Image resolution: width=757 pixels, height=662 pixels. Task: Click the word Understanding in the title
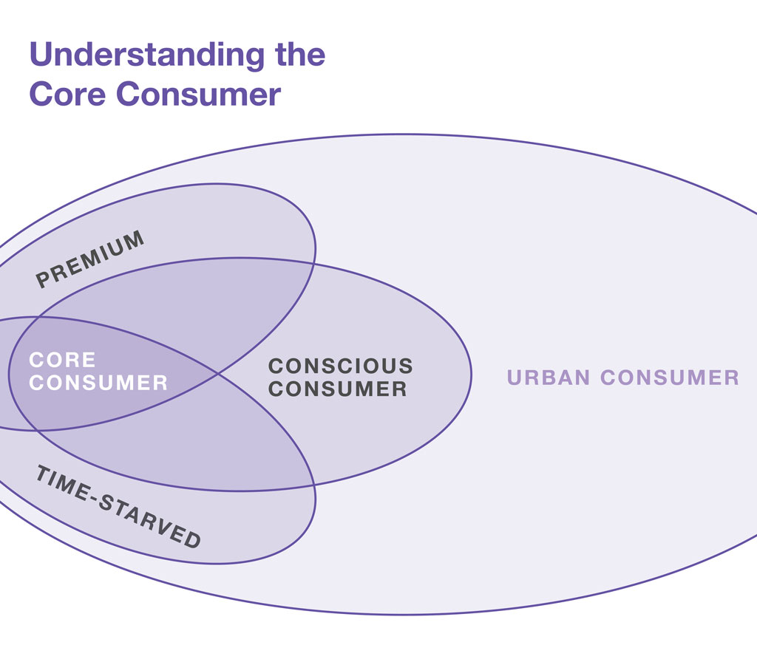[x=147, y=55]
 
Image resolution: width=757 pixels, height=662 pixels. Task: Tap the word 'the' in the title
[x=300, y=54]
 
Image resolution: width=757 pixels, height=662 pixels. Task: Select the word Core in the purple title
[x=67, y=94]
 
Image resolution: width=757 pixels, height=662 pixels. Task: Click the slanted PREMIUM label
[x=90, y=259]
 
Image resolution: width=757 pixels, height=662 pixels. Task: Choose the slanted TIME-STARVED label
[x=118, y=507]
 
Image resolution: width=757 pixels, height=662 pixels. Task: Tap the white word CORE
[x=62, y=360]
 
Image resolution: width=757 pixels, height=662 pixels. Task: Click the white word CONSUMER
[x=98, y=383]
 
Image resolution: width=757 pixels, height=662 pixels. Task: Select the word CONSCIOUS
[x=341, y=366]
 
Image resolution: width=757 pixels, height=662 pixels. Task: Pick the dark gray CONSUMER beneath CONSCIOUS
[x=337, y=389]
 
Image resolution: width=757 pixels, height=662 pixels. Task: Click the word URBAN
[x=549, y=378]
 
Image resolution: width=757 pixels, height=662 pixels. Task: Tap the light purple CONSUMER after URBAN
[x=670, y=378]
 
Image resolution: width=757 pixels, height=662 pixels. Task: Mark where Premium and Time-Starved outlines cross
[x=218, y=373]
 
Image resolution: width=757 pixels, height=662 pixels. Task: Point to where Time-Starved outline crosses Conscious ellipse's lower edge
[x=313, y=485]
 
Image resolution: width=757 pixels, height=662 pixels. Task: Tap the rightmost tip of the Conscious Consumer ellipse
[x=472, y=375]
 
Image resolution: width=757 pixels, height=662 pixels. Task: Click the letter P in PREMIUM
[x=43, y=281]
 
